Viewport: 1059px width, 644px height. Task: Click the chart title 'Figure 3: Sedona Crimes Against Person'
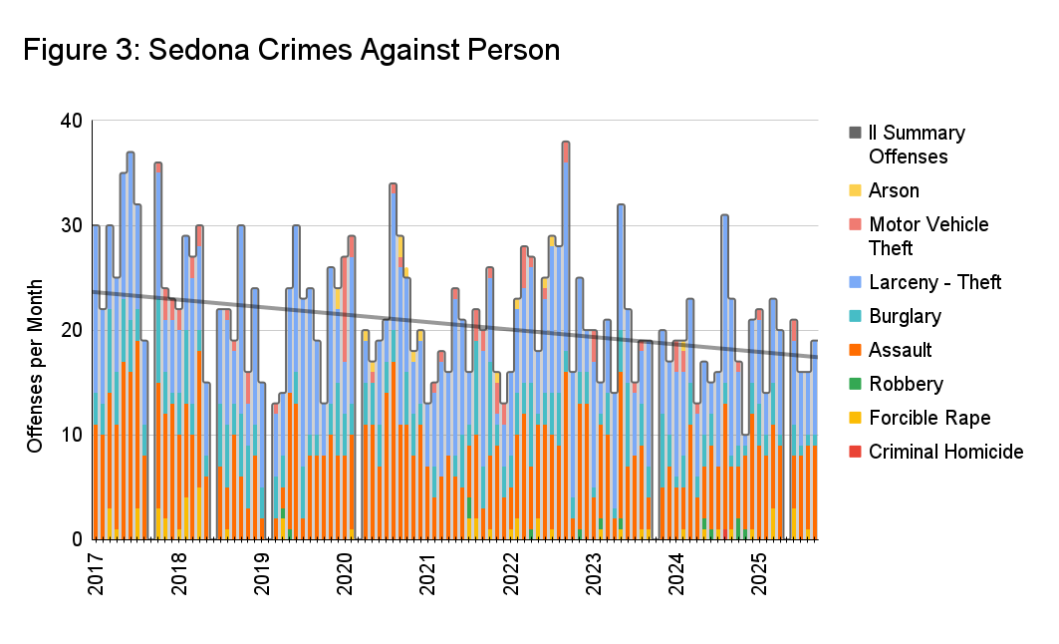point(291,50)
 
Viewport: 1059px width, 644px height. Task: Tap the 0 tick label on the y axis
point(76,539)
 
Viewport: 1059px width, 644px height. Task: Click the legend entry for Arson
point(894,190)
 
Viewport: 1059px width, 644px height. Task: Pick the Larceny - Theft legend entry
point(934,282)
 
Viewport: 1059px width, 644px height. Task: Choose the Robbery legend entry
point(904,384)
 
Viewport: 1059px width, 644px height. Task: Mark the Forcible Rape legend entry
point(927,418)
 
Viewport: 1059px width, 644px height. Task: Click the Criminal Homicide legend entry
point(945,452)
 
